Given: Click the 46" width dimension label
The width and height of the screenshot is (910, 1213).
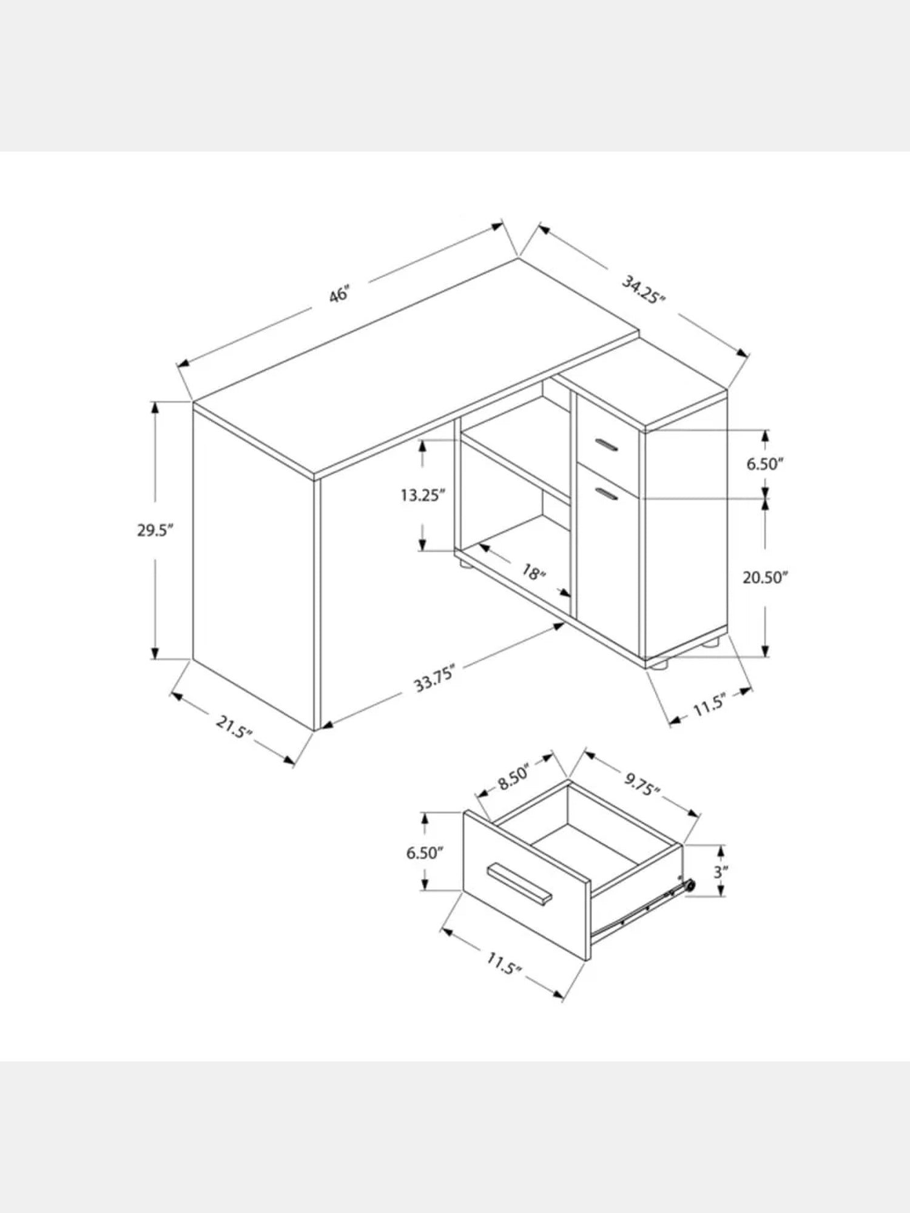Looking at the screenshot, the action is tap(340, 295).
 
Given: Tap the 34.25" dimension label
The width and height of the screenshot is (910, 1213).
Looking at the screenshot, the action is tap(644, 290).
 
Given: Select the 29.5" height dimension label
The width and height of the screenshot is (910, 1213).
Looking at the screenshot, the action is tap(155, 530).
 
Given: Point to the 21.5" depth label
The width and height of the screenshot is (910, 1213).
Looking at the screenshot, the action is tap(234, 727).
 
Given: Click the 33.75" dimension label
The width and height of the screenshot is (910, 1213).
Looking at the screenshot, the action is tap(435, 679).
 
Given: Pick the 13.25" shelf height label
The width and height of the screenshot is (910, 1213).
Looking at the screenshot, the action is tap(423, 495).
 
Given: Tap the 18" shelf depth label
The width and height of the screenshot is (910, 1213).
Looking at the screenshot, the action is tap(534, 571).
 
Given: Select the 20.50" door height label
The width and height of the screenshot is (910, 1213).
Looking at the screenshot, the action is tap(765, 577).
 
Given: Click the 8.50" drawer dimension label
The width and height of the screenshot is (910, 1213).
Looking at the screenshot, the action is tap(514, 779).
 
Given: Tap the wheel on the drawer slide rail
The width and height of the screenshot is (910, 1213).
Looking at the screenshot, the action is tap(689, 887).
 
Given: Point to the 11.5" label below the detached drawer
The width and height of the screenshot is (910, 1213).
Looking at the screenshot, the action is tap(504, 962).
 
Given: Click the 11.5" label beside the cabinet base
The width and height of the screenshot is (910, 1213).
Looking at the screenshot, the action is tap(709, 705).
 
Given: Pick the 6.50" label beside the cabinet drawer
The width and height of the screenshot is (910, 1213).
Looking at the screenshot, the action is tap(765, 465).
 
